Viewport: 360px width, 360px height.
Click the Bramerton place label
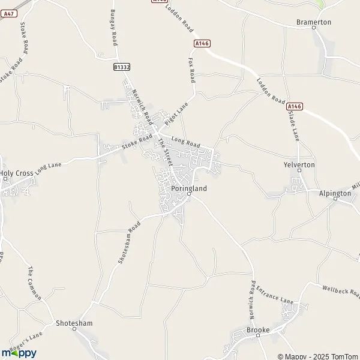pos(314,22)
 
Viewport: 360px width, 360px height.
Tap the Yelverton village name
pos(299,164)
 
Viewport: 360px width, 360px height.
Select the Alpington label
pos(335,194)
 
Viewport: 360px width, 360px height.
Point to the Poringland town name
pos(189,188)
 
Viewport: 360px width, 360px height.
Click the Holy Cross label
pos(17,173)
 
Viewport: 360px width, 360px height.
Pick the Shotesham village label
pos(71,323)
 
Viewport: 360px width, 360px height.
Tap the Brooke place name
pos(258,330)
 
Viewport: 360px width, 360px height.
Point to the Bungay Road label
pos(113,28)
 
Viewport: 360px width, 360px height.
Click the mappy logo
pos(19,353)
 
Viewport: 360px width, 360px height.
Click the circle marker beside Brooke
pos(258,337)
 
